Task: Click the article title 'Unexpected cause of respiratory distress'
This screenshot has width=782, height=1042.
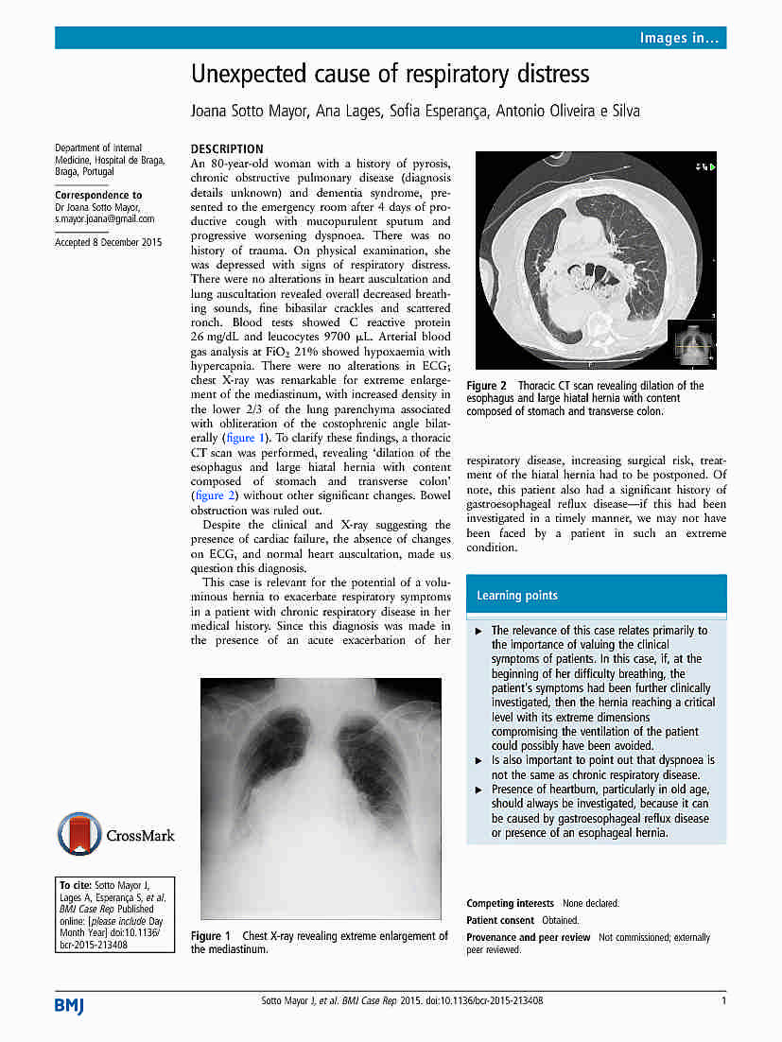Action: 390,74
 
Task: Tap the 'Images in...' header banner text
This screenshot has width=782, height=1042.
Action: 679,38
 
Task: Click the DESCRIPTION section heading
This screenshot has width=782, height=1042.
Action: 227,148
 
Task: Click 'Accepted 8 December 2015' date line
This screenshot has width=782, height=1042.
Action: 108,242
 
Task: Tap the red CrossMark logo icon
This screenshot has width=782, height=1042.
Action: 79,835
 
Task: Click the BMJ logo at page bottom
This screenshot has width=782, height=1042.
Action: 69,1005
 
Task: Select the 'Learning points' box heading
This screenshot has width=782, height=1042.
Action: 516,596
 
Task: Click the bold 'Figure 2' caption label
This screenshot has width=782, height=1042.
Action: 486,386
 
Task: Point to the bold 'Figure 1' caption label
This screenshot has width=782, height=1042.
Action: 211,936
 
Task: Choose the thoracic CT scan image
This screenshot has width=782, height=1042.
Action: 596,260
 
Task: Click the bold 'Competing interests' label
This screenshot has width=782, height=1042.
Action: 510,903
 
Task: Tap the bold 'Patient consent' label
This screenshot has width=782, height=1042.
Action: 500,920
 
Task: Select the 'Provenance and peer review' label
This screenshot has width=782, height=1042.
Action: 528,937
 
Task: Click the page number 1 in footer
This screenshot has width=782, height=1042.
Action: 723,1000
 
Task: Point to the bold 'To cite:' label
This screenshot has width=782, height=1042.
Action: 75,885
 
